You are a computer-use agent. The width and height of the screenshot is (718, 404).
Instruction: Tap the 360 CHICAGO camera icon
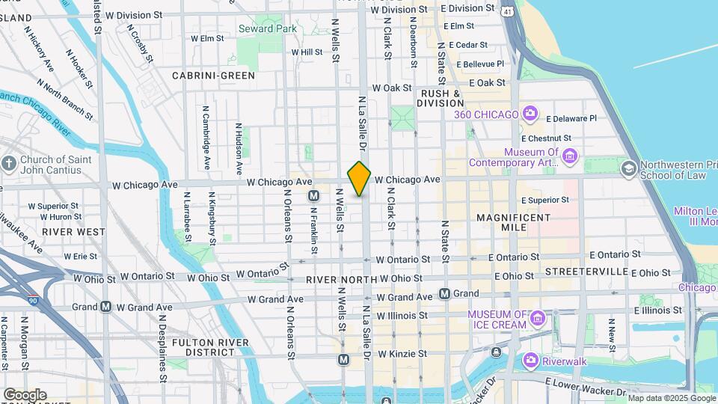530,114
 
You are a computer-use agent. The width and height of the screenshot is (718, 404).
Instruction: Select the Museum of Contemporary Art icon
570,156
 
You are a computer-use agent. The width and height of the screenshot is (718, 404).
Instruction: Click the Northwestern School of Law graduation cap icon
629,169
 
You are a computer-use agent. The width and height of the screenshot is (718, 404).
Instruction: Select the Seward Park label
267,28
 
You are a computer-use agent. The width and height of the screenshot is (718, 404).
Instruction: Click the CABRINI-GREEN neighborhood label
213,76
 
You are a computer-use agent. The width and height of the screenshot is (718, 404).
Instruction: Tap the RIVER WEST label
73,232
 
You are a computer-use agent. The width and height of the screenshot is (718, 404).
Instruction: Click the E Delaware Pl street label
571,118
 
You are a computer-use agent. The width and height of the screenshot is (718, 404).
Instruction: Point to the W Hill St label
306,52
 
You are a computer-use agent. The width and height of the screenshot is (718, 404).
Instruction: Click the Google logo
25,394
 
